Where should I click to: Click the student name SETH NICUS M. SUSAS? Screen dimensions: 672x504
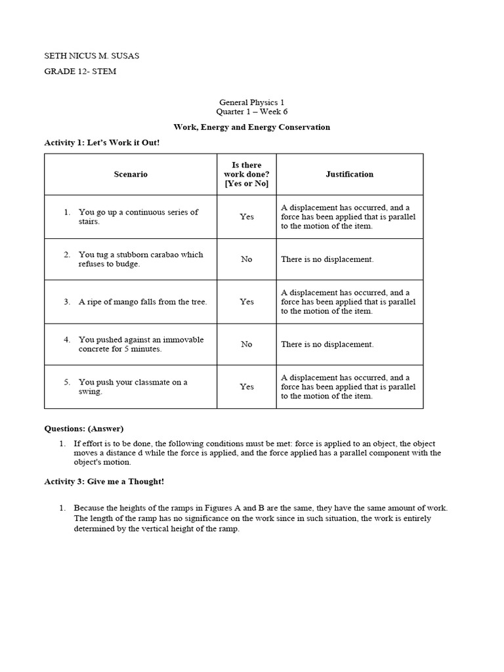91,56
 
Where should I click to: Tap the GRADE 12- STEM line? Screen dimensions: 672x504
80,72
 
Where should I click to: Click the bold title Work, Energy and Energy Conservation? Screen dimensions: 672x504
251,127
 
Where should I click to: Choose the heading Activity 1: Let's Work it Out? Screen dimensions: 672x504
102,142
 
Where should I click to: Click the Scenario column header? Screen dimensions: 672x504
131,175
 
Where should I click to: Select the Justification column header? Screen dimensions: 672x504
349,175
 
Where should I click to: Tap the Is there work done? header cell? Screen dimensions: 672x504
246,175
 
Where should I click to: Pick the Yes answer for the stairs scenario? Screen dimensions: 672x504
246,217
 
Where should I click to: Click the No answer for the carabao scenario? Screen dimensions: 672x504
246,259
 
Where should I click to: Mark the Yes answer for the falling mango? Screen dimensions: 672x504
246,302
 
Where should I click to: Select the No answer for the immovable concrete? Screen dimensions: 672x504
246,344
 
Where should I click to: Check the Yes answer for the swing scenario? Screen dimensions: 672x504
246,387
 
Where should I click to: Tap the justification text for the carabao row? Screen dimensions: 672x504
327,259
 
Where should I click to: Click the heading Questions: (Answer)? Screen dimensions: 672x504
83,429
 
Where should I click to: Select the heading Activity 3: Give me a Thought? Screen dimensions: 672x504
104,482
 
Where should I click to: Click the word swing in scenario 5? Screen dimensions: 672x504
91,392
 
